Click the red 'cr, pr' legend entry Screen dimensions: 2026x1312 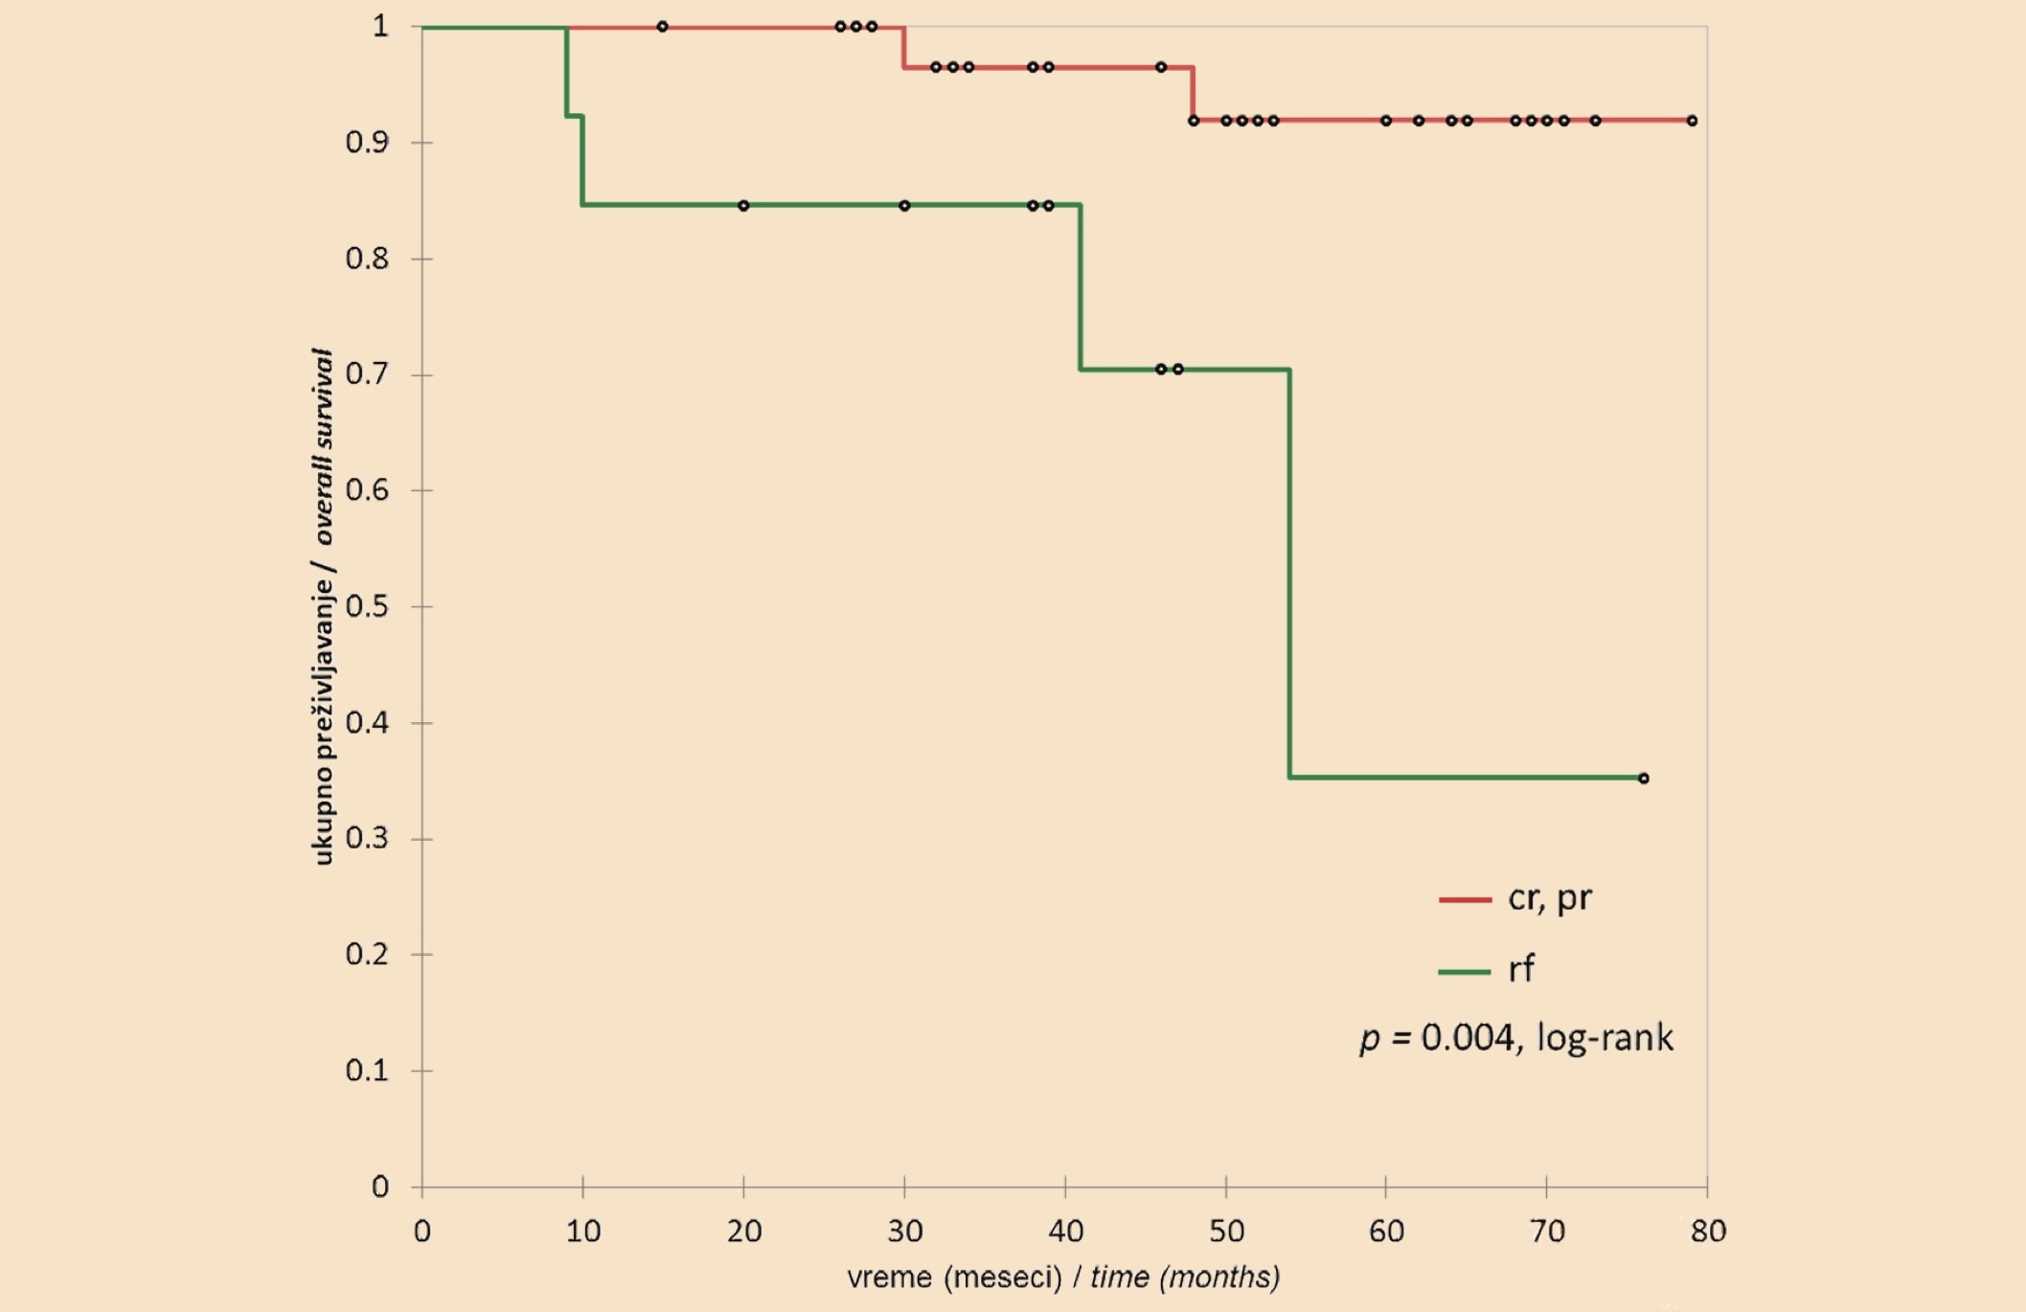tap(1514, 898)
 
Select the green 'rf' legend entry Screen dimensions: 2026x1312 tap(1486, 969)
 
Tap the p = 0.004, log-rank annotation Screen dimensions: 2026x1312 tap(1516, 1038)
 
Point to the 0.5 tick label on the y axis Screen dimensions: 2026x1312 tap(367, 606)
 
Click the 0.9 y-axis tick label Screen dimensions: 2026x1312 tap(367, 143)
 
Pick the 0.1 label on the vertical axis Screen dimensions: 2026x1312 tap(367, 1070)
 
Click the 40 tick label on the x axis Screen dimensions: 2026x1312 tap(1065, 1231)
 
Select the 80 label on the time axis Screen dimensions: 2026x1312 tap(1708, 1231)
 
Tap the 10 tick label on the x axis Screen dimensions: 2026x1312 tap(582, 1231)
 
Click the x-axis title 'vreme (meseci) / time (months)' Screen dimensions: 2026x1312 tap(1063, 1278)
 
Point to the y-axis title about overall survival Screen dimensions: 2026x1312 tap(323, 606)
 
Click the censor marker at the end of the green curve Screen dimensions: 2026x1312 tap(1644, 779)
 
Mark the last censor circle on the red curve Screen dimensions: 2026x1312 tap(1693, 121)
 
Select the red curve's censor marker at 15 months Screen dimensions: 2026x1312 tap(662, 27)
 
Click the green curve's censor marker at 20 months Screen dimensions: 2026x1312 tap(743, 206)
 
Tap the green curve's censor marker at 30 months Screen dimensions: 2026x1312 tap(904, 206)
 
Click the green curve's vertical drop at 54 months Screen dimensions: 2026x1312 tap(1289, 573)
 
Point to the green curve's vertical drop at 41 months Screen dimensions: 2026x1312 tap(1081, 286)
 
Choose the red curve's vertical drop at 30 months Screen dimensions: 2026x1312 tap(903, 47)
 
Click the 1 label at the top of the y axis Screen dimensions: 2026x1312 tap(380, 26)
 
